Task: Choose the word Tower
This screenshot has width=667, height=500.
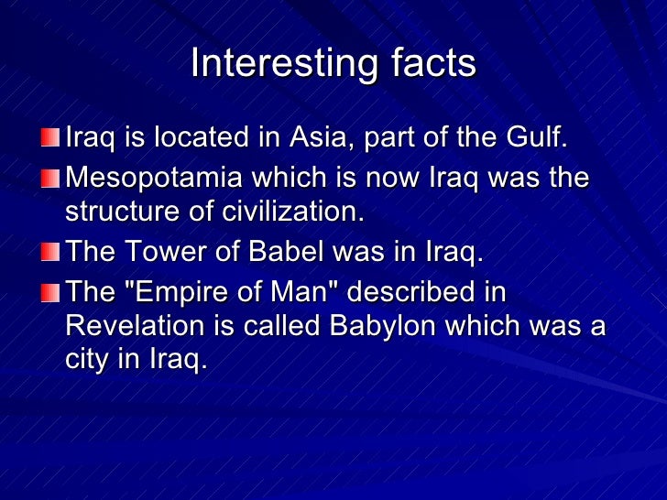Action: [161, 251]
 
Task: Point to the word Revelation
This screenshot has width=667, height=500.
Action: [129, 327]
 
